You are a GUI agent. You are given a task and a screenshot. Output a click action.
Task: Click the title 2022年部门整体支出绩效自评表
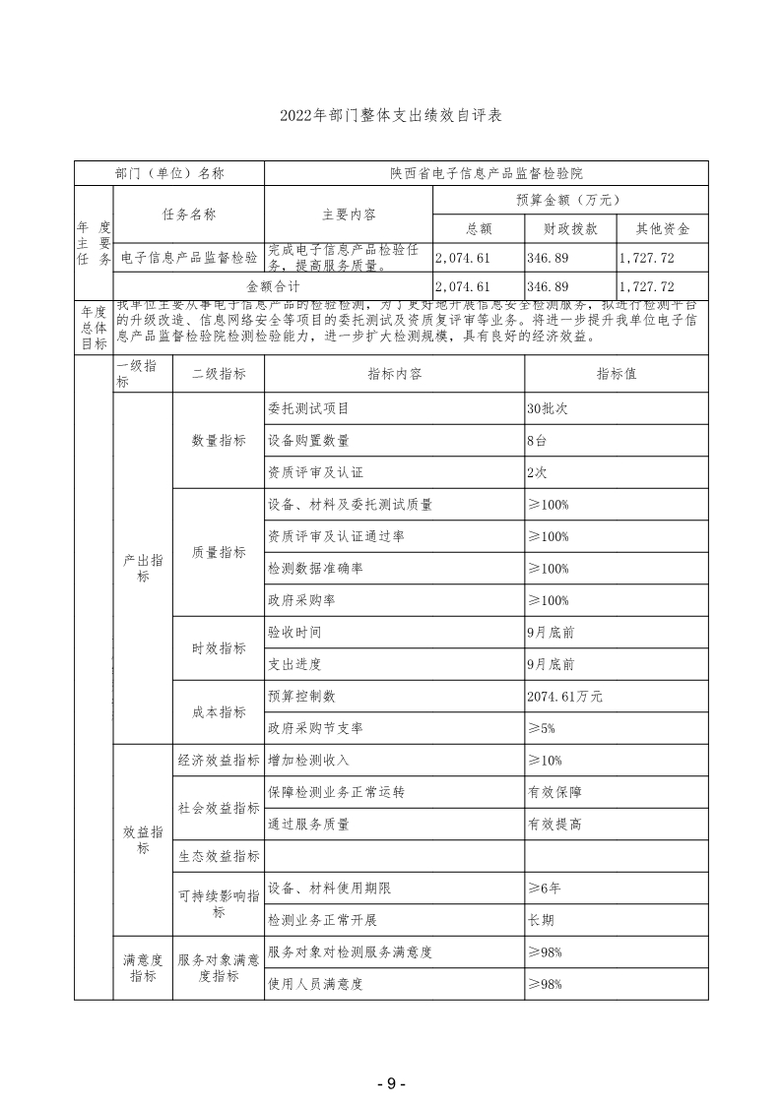click(x=391, y=116)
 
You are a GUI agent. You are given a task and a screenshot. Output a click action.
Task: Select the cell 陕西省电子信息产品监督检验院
click(x=486, y=173)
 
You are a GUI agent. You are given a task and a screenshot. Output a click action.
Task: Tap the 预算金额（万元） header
click(x=568, y=200)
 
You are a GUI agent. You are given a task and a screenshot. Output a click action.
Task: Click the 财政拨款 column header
click(x=570, y=229)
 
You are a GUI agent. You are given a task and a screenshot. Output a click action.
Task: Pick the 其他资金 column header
click(x=663, y=229)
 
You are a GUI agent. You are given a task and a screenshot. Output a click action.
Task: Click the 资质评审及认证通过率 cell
click(x=336, y=536)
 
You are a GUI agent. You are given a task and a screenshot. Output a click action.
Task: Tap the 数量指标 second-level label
click(x=219, y=441)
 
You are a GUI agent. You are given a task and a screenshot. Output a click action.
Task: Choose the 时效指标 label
click(x=219, y=648)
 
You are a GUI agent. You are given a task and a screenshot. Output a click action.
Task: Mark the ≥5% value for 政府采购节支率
click(x=543, y=728)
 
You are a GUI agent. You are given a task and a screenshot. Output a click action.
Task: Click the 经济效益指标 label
click(x=219, y=761)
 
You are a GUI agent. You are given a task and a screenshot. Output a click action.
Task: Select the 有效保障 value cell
click(x=554, y=792)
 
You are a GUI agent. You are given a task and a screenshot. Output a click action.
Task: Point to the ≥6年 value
click(x=545, y=889)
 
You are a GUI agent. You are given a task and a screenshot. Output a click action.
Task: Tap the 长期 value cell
click(x=541, y=920)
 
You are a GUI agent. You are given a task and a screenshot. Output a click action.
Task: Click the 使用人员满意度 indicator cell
click(x=315, y=984)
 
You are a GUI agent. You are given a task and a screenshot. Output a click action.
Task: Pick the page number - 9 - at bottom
click(x=391, y=1083)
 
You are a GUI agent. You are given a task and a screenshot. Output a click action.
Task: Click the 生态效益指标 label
click(x=219, y=856)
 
